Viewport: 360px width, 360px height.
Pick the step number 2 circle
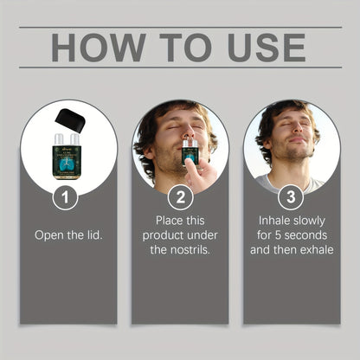(180, 197)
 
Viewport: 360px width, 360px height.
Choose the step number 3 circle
(291, 197)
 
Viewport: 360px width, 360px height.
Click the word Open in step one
(48, 235)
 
